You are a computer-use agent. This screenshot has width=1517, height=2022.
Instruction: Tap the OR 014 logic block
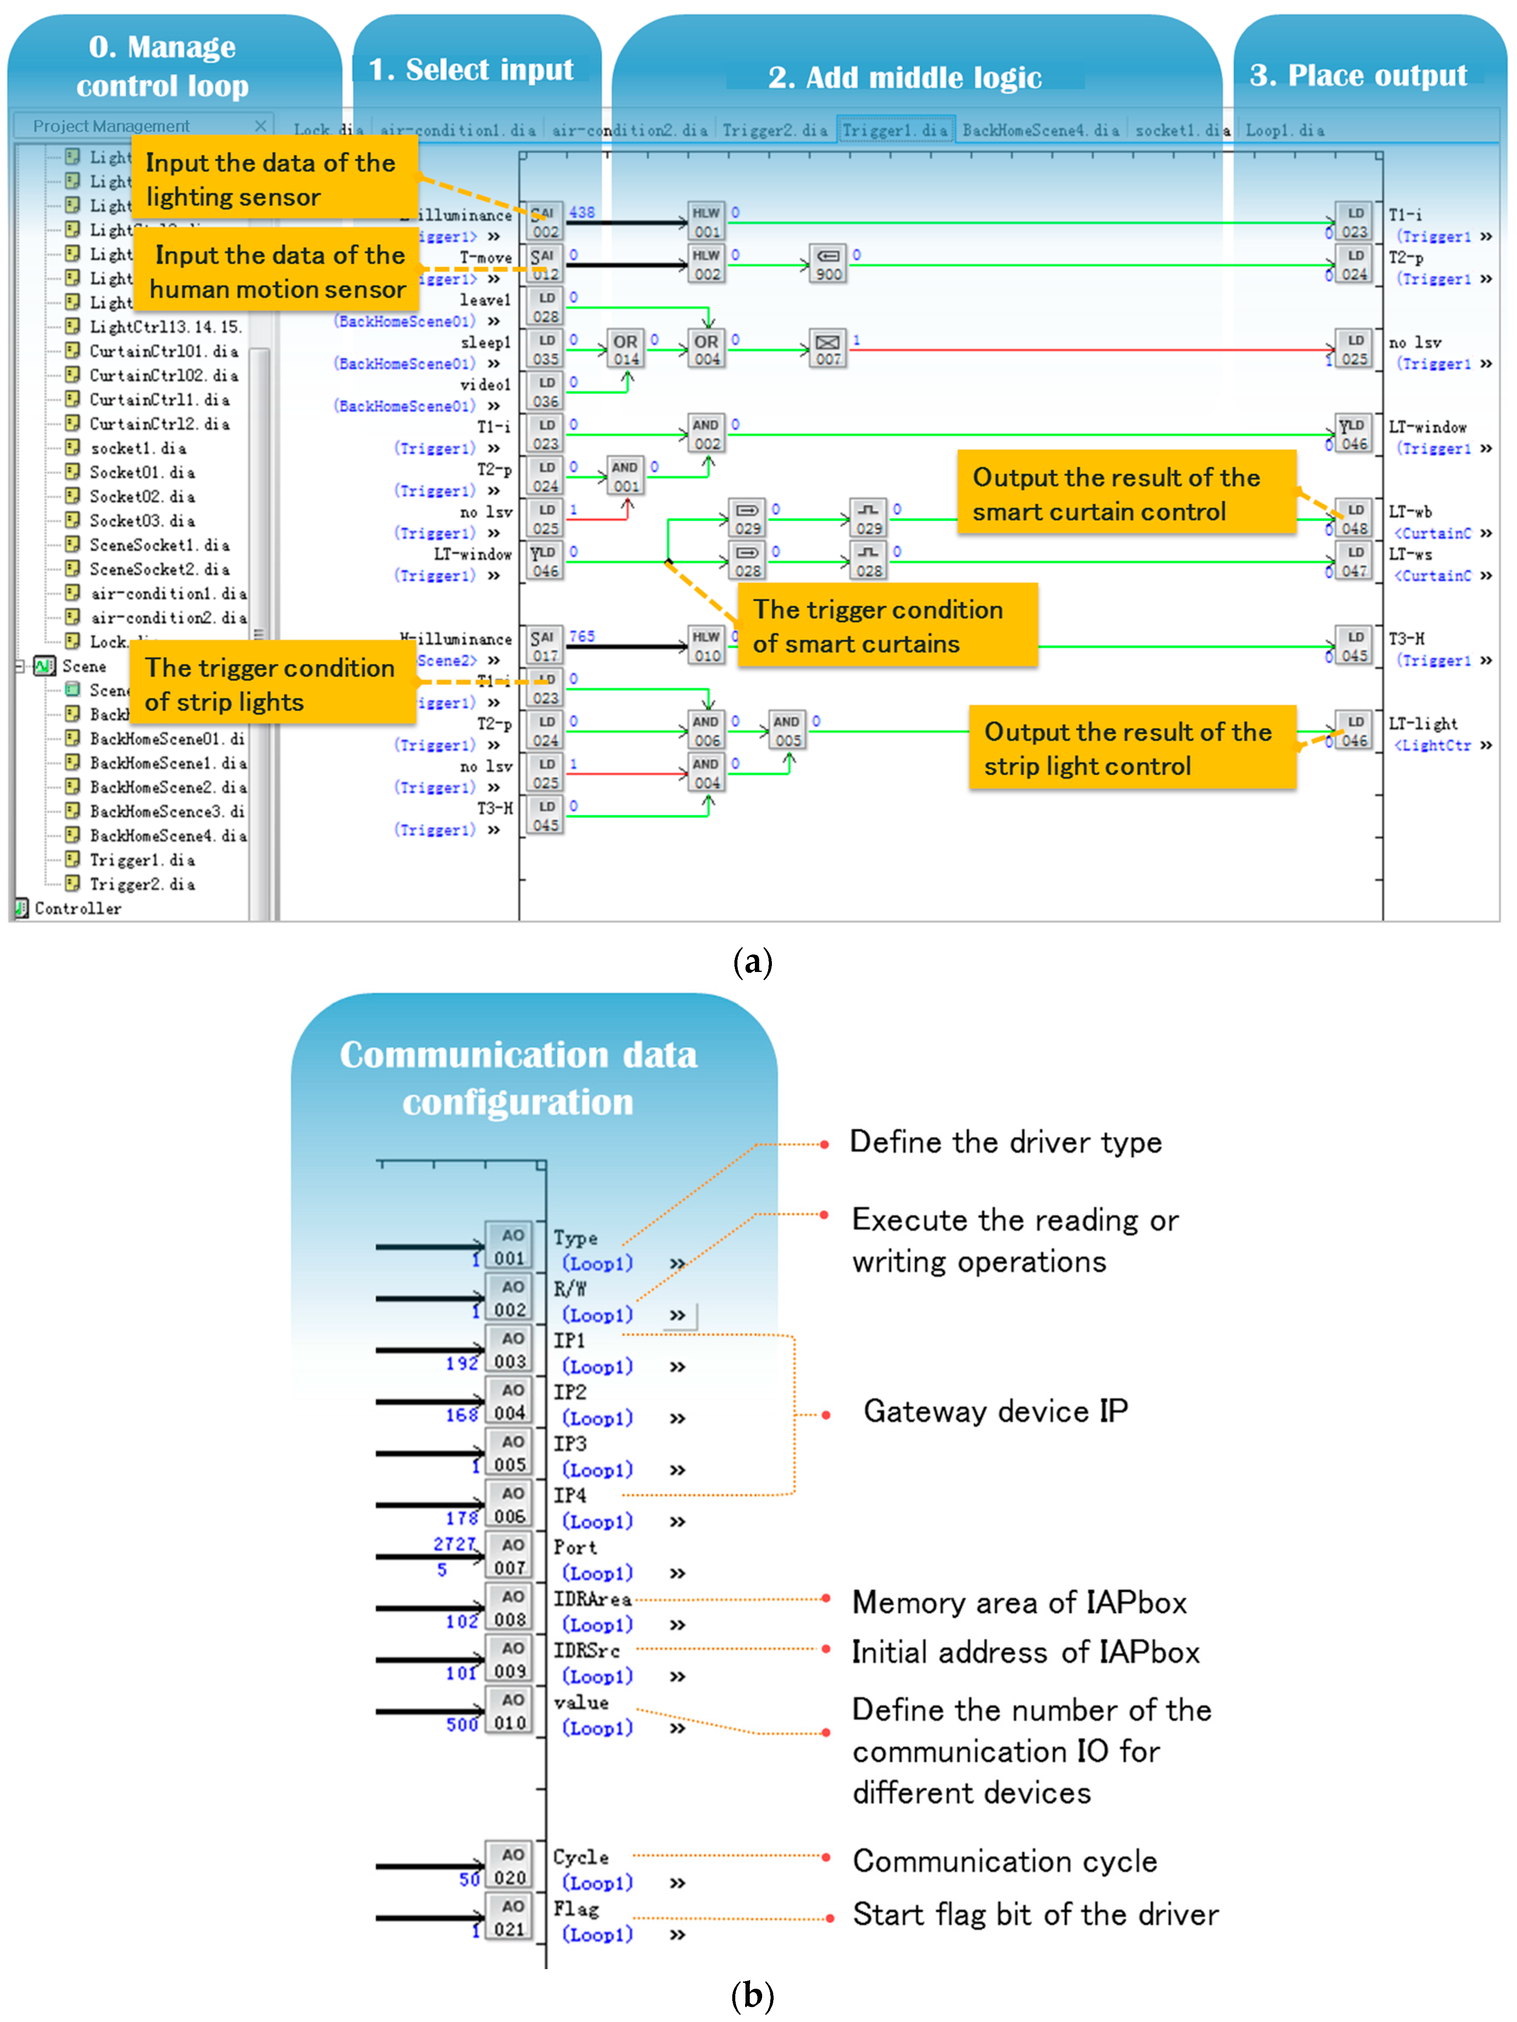point(626,349)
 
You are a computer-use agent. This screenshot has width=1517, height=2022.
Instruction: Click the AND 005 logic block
point(787,730)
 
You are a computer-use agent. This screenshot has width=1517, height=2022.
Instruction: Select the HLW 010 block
point(706,645)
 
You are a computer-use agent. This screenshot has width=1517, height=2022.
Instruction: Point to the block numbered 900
point(828,264)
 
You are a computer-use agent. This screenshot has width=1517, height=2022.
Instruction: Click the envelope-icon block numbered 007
point(828,349)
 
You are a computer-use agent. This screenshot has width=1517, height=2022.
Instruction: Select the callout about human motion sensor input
point(277,272)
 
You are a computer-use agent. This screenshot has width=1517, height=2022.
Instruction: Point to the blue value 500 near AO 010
point(462,1724)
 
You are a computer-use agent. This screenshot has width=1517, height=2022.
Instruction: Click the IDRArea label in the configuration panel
point(592,1600)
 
